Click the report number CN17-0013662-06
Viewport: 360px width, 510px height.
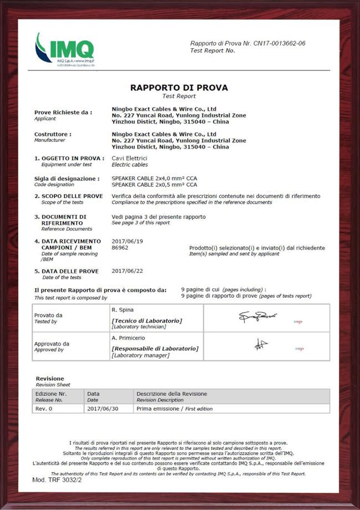coord(279,43)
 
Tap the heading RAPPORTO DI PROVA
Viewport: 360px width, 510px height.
coord(179,88)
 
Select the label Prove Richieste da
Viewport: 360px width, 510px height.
coord(63,112)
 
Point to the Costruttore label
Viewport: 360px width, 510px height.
coord(53,134)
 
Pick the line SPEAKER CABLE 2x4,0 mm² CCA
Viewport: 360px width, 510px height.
coord(155,178)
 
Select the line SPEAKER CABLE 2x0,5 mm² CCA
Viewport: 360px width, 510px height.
coord(155,185)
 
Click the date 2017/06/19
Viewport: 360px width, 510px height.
coord(127,241)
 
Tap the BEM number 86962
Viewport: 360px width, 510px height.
coord(120,248)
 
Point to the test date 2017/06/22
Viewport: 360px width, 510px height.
coord(127,271)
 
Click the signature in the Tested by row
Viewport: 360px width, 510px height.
coord(258,318)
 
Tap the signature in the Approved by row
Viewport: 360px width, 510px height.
coord(261,345)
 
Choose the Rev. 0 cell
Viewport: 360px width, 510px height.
coord(45,409)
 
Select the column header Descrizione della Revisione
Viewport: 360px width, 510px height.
coord(172,394)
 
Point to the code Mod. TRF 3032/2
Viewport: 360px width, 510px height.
coord(57,480)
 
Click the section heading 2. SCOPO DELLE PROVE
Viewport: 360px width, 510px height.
coord(68,196)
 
